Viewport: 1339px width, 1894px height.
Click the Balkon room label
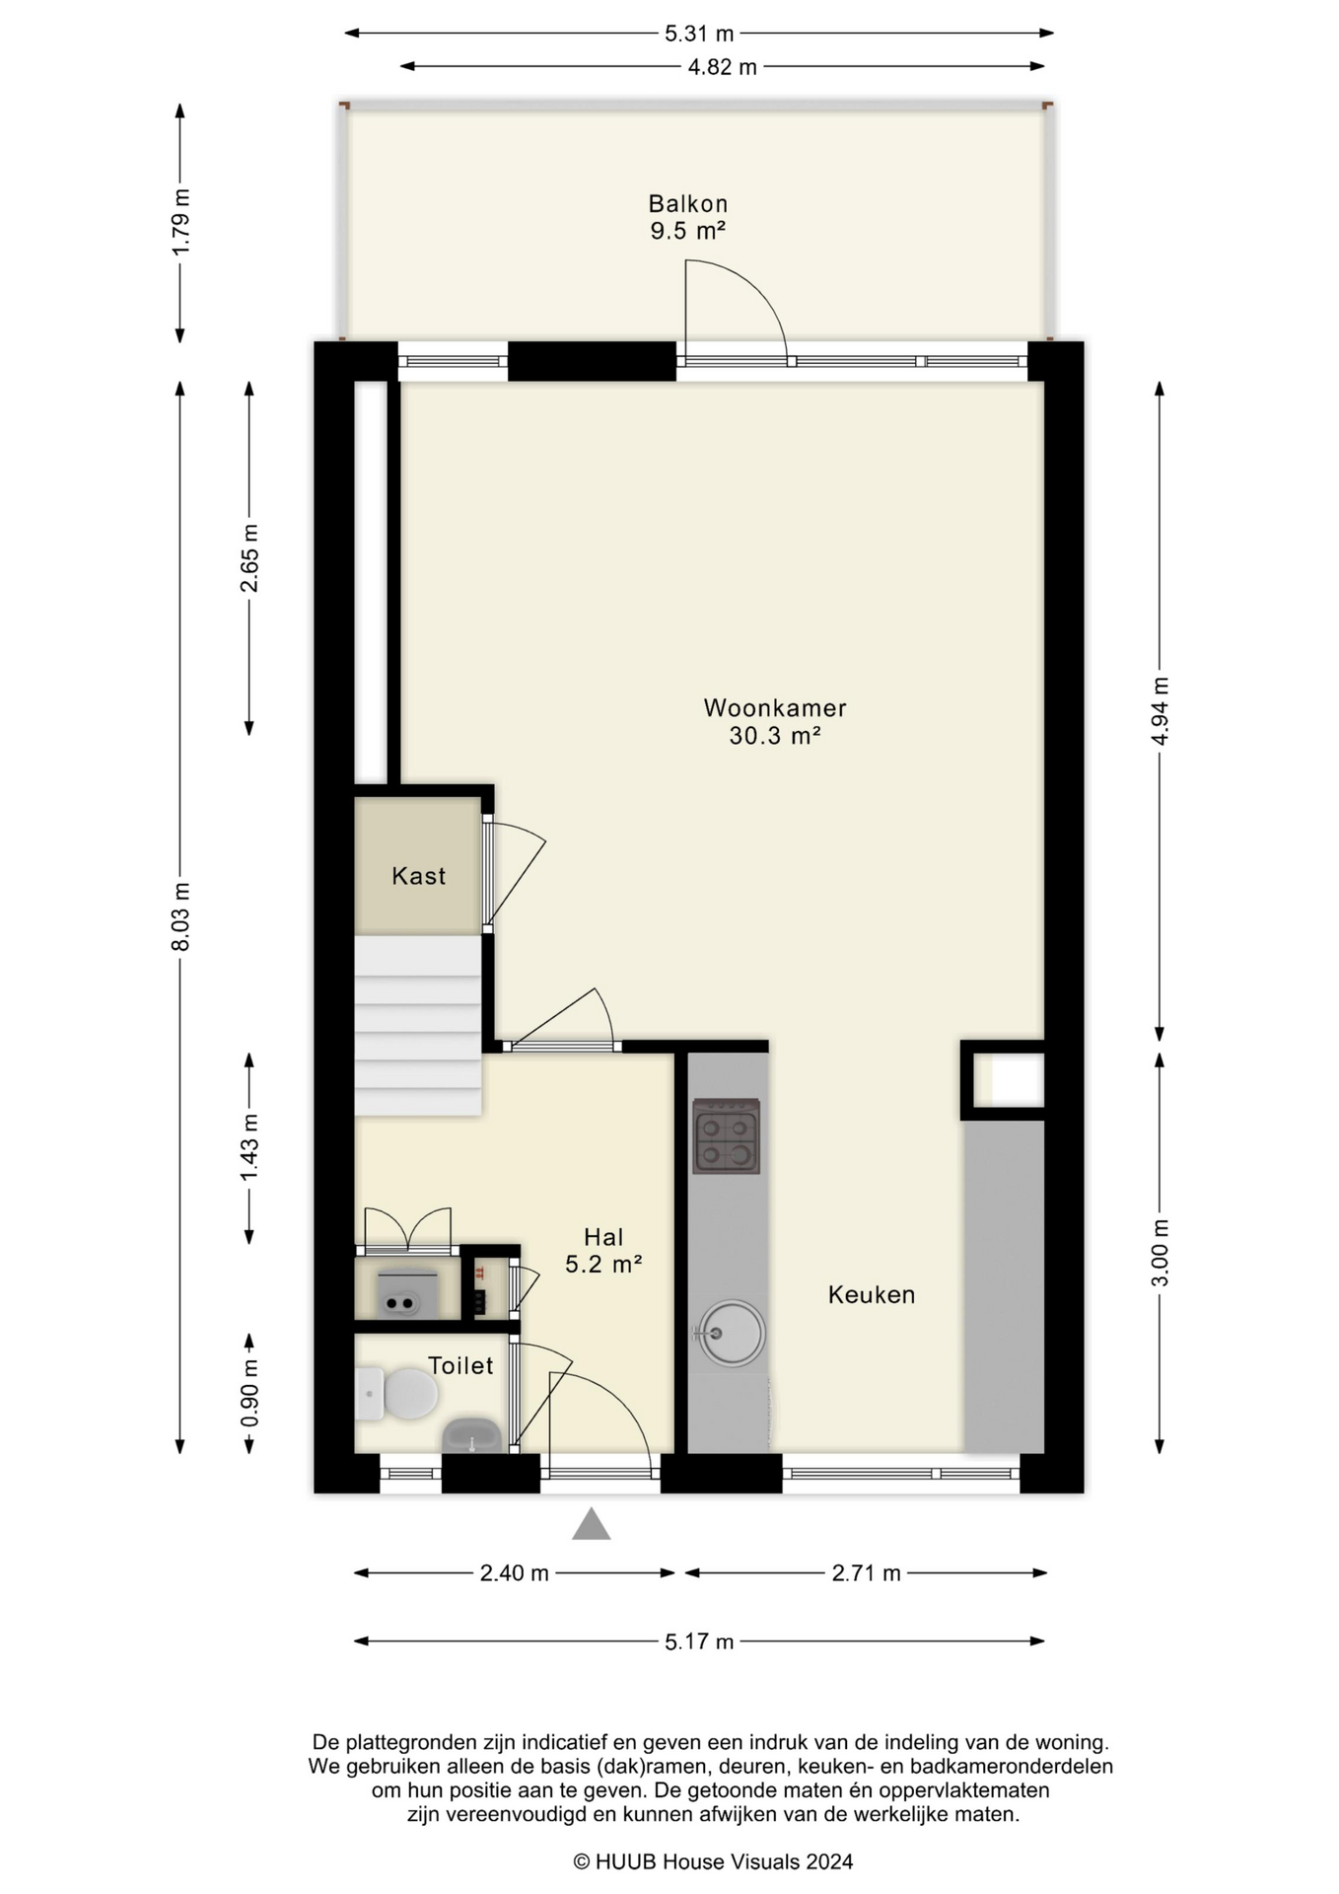(x=687, y=217)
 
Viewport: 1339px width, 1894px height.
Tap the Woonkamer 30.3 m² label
(x=775, y=721)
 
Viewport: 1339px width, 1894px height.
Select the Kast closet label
(x=418, y=876)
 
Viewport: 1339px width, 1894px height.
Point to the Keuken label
(x=872, y=1294)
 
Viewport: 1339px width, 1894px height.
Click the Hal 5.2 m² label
(x=603, y=1250)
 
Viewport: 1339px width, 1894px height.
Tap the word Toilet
(x=460, y=1365)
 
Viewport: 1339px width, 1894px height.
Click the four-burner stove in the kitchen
(x=726, y=1136)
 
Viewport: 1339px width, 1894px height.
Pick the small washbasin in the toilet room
(x=472, y=1435)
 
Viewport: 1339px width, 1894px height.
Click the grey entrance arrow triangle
(x=592, y=1524)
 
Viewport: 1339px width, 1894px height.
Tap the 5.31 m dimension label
(x=699, y=34)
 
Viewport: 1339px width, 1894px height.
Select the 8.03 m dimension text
(x=180, y=917)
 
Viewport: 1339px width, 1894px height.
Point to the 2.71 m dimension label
(x=867, y=1573)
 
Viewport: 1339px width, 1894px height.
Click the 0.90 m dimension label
(x=249, y=1393)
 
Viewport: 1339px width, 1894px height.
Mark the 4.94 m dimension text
(x=1161, y=712)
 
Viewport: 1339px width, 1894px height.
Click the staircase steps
(x=418, y=1026)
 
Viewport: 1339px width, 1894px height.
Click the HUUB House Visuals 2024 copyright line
(x=713, y=1861)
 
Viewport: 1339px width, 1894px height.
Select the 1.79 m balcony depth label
(x=180, y=223)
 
